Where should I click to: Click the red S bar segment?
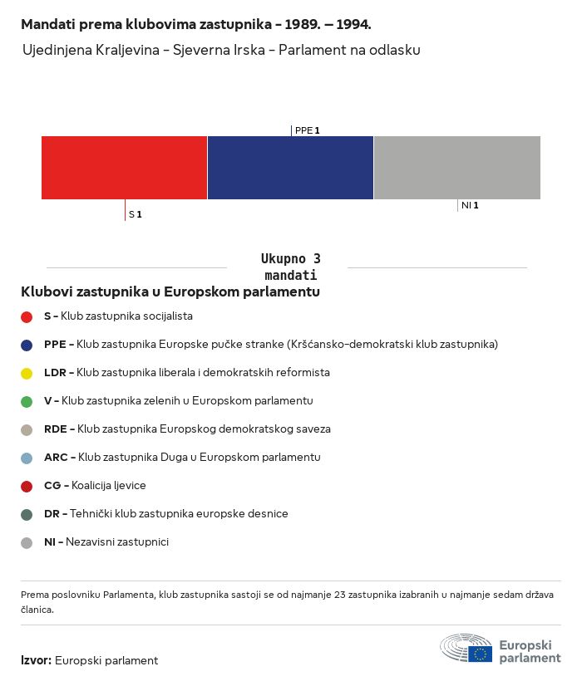(124, 168)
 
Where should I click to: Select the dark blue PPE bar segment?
(290, 168)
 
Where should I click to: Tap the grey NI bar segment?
(457, 168)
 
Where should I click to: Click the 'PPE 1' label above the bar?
(307, 130)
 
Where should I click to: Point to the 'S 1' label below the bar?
(135, 214)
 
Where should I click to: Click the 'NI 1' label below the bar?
(470, 205)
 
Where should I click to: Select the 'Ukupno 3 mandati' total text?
(290, 267)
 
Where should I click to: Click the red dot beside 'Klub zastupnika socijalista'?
(27, 316)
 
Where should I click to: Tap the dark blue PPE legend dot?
(27, 345)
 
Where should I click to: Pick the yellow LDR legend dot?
(27, 373)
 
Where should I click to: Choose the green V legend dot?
(27, 401)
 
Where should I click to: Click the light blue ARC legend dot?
(27, 458)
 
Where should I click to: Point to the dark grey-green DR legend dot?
(27, 514)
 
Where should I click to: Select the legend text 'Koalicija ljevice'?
(108, 486)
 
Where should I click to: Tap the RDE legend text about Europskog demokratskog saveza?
(204, 429)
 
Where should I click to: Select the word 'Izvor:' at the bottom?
(36, 661)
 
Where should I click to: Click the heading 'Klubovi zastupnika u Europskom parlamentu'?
(170, 292)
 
